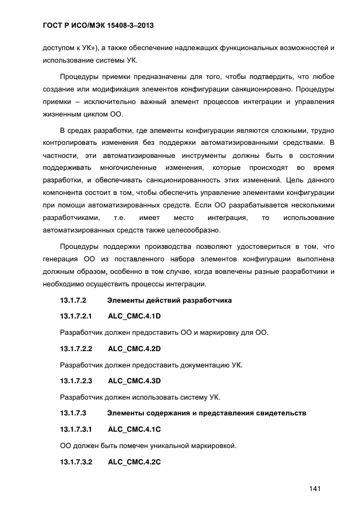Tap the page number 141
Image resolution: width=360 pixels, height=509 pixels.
pyautogui.click(x=314, y=488)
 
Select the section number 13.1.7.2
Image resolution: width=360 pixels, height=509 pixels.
pyautogui.click(x=74, y=300)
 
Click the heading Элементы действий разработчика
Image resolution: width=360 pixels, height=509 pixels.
pyautogui.click(x=169, y=300)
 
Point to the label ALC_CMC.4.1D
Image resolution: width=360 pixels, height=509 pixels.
pyautogui.click(x=134, y=316)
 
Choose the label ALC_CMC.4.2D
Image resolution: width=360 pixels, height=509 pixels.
pyautogui.click(x=134, y=348)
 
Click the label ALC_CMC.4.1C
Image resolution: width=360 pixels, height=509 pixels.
pyautogui.click(x=134, y=430)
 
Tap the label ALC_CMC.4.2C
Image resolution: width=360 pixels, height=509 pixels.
pyautogui.click(x=134, y=462)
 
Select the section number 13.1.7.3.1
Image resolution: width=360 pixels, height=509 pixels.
pyautogui.click(x=76, y=430)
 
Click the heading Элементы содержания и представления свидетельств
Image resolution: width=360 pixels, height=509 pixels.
pyautogui.click(x=206, y=413)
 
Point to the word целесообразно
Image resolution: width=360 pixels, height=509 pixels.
pyautogui.click(x=188, y=230)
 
